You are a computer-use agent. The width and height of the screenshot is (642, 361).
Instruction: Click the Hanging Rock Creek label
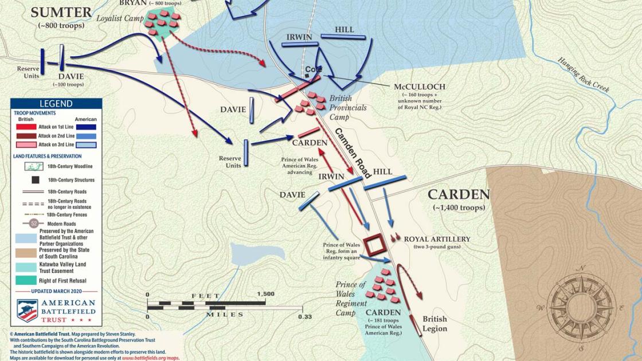click(583, 74)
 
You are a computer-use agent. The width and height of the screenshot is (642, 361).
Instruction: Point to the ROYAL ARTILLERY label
click(437, 239)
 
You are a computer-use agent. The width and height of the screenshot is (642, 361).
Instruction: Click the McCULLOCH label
click(419, 87)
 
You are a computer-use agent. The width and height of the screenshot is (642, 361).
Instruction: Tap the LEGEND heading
click(56, 104)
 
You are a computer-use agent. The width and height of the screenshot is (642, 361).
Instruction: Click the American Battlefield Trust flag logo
click(27, 310)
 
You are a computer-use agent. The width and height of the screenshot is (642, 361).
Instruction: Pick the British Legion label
click(434, 324)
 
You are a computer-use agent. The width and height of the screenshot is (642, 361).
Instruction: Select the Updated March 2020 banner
click(56, 292)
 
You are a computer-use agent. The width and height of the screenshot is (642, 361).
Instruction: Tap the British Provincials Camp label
click(347, 108)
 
